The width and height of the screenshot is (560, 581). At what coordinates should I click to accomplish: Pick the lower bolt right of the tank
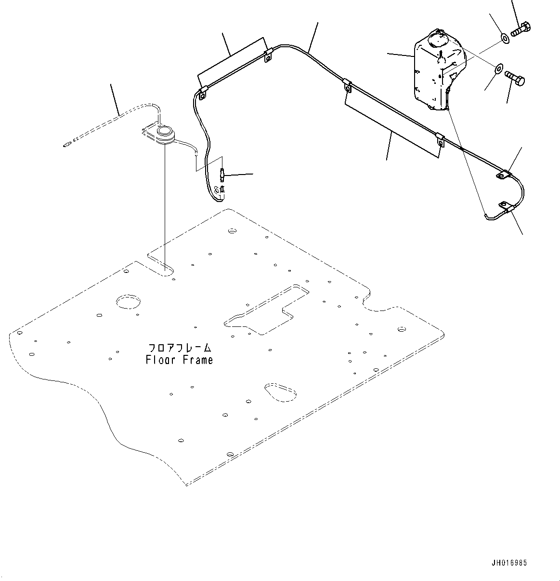pos(514,78)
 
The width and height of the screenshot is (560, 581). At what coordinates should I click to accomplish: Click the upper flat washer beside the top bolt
pos(504,38)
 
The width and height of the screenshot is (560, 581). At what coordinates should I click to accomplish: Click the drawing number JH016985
pos(509,563)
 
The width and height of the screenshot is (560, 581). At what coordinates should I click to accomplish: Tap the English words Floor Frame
pos(179,360)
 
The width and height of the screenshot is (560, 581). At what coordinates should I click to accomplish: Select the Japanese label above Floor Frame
pos(179,347)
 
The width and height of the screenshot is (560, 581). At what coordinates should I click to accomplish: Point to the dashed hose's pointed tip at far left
pos(66,144)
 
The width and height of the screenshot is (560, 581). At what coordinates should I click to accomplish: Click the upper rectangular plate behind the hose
pos(231,60)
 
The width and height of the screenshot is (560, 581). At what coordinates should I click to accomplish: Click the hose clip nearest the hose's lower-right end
pos(505,208)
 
